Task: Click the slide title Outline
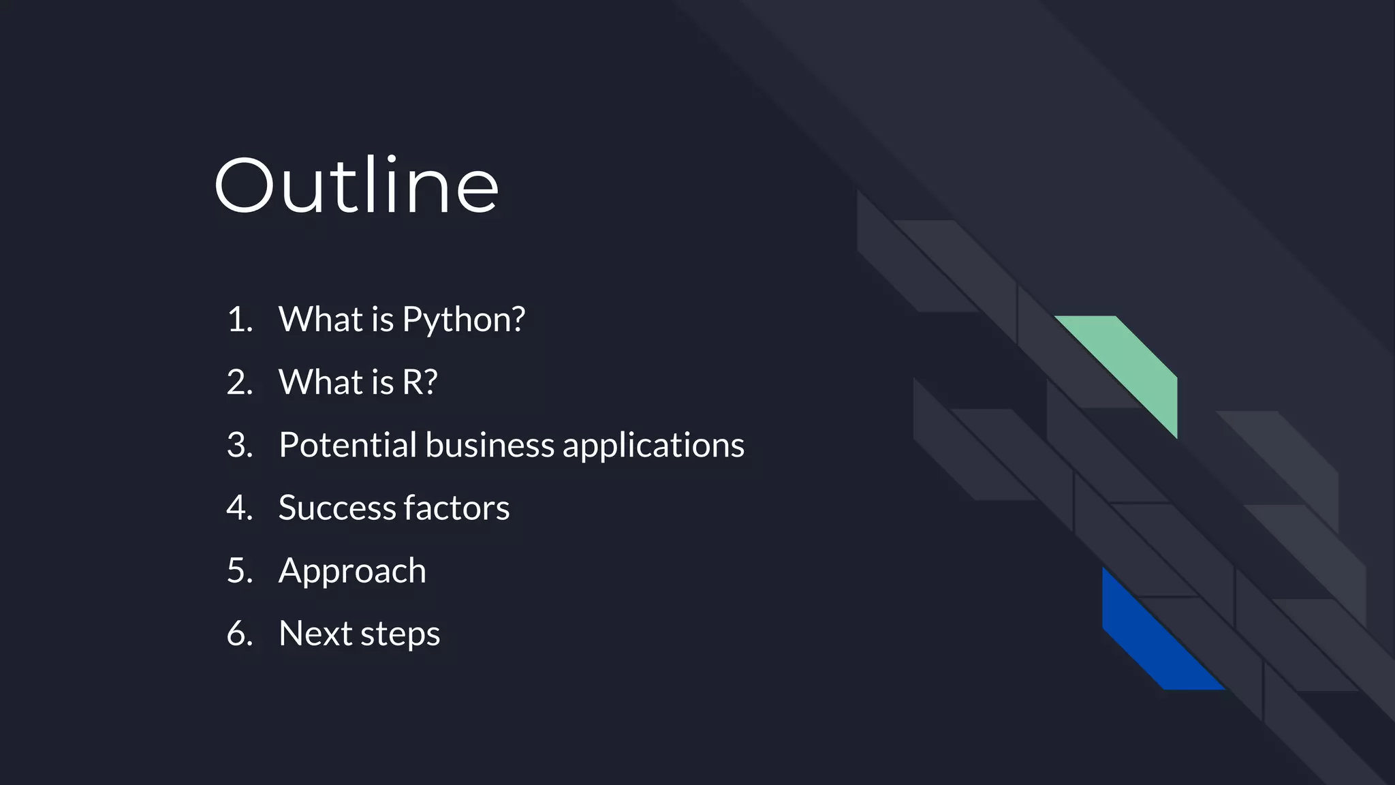tap(356, 185)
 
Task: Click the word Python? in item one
tap(463, 320)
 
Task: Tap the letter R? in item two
tap(420, 382)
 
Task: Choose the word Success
tap(336, 508)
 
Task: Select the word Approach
tap(352, 572)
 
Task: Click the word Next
tap(315, 634)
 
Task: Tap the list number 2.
tap(239, 382)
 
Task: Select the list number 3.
tap(239, 446)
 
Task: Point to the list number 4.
tap(239, 508)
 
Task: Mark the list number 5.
tap(239, 571)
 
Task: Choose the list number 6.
tap(239, 634)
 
